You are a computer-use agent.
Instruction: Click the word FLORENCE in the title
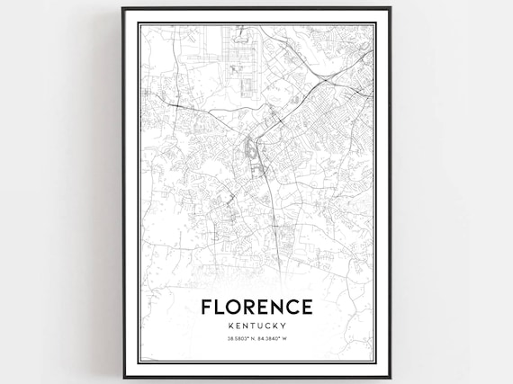(x=256, y=308)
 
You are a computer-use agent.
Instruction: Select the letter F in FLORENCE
(x=207, y=308)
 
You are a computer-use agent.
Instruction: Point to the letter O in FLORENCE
(x=236, y=308)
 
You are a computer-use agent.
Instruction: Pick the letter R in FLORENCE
(x=251, y=308)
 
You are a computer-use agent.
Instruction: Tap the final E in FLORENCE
(x=309, y=308)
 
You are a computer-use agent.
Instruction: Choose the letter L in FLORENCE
(x=220, y=308)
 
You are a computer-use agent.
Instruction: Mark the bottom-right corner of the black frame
(x=390, y=377)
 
